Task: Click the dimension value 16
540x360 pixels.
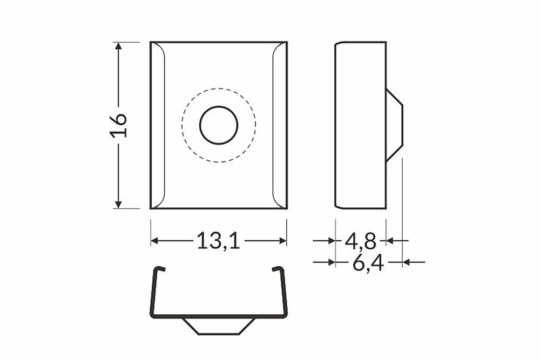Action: coord(120,125)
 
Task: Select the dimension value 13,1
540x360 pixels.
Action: coord(218,241)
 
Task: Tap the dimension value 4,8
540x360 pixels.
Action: coord(360,241)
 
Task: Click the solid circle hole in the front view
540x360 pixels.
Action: coord(219,125)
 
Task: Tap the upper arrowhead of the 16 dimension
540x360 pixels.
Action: coord(118,46)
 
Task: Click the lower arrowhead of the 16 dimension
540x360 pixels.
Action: coord(118,203)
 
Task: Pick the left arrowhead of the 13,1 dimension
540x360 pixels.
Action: coord(154,241)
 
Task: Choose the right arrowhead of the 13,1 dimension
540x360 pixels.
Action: coord(282,241)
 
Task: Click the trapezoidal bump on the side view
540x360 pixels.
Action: coord(394,125)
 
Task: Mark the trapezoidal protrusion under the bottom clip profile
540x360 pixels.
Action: coord(219,325)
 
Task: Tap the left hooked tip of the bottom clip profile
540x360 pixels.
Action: coord(157,269)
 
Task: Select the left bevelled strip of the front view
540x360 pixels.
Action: coord(157,125)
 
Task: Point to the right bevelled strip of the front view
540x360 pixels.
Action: coord(280,125)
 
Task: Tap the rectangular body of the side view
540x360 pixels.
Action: coord(360,125)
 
